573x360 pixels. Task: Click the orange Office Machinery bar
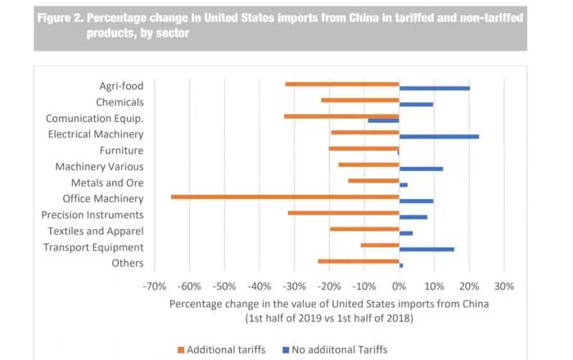tap(285, 196)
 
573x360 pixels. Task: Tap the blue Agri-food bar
tap(434, 88)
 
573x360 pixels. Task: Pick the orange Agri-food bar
tap(342, 83)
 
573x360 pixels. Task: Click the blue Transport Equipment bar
tap(426, 249)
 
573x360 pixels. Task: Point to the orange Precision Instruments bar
tap(344, 213)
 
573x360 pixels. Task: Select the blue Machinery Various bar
tap(421, 169)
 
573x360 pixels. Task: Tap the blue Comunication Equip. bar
tap(383, 120)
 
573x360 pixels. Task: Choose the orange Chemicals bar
tap(360, 100)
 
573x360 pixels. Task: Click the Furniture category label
tap(121, 151)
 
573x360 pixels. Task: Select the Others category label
tap(129, 263)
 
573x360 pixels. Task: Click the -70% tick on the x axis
tap(154, 286)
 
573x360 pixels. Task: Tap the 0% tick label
tap(399, 286)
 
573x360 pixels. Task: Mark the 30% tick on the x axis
tap(503, 286)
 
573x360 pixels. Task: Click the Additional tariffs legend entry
tap(221, 349)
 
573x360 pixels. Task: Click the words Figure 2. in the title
tap(66, 17)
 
